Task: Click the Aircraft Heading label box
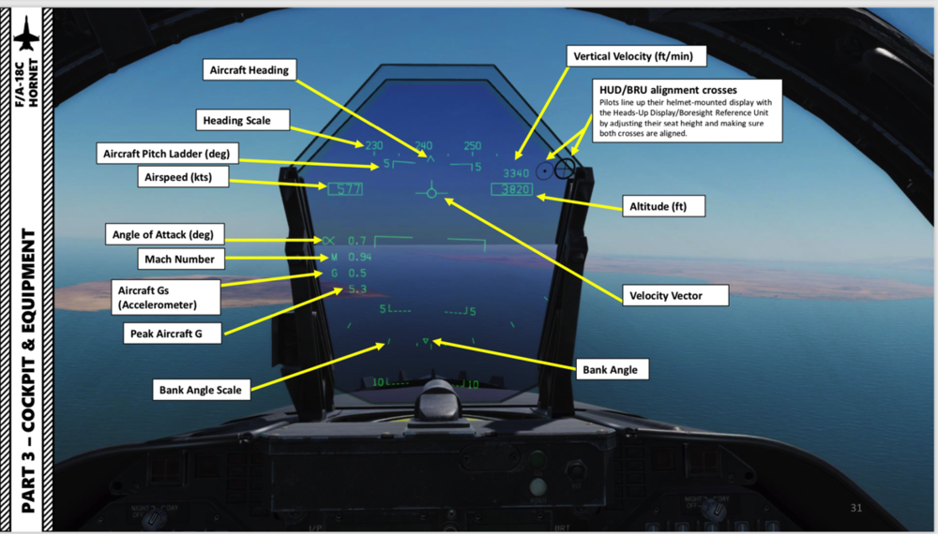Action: [x=250, y=70]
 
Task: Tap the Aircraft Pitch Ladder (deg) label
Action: [x=165, y=152]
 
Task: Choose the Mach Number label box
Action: [x=180, y=259]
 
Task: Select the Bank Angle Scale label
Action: [x=201, y=390]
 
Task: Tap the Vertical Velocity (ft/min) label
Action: [x=633, y=57]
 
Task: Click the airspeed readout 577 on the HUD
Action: [x=346, y=190]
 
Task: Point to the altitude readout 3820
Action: [x=512, y=190]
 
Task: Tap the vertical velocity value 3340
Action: [x=516, y=173]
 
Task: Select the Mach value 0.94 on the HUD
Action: [x=359, y=257]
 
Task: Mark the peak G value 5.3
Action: [x=356, y=289]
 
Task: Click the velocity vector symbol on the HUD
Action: [x=431, y=192]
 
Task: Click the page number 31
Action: [x=855, y=508]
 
